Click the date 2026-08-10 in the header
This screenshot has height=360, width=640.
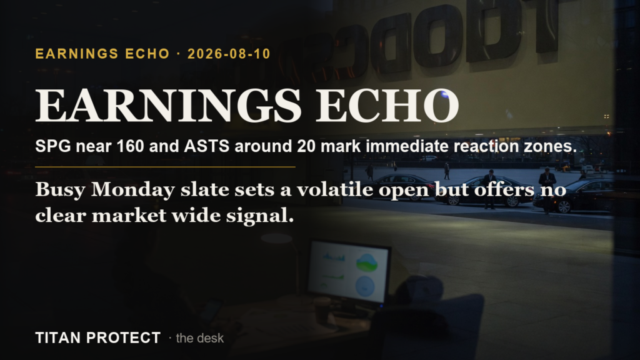pos(229,54)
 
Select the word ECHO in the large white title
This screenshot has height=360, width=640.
pos(387,105)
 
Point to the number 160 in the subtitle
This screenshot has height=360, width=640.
pos(130,146)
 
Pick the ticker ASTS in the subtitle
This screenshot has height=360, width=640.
pos(206,146)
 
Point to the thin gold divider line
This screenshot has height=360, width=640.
pos(165,167)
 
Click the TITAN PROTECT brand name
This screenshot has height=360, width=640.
pos(98,338)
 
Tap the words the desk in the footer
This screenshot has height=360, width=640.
pos(199,338)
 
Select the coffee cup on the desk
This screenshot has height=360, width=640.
pos(322,310)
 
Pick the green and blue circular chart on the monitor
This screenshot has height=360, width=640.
pos(366,262)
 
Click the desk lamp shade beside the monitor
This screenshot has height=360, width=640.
pos(276,238)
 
